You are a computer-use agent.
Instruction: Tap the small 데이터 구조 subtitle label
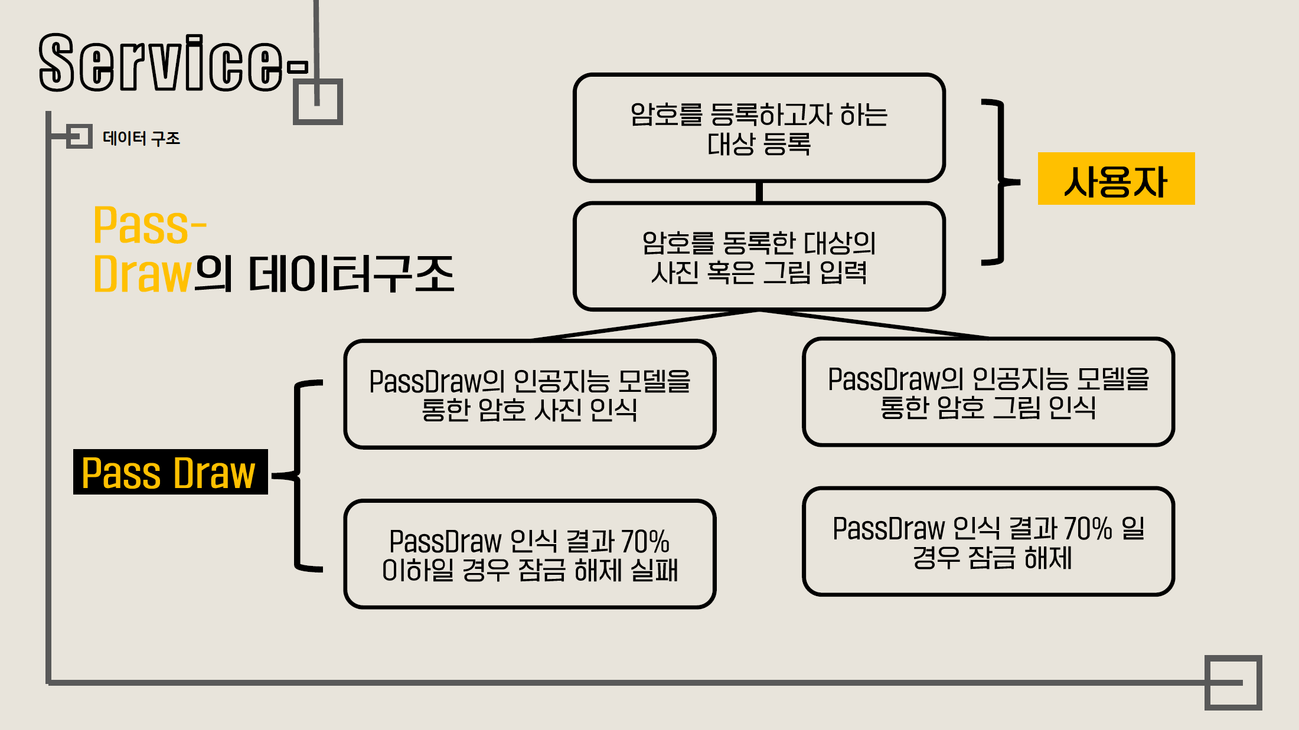coord(141,138)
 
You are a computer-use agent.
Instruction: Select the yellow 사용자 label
coord(1116,179)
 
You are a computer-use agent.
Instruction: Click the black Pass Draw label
coord(170,472)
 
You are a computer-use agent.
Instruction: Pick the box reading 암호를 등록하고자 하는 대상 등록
coord(759,128)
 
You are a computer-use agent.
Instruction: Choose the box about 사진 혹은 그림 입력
coord(759,257)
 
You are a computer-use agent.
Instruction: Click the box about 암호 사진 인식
coord(530,394)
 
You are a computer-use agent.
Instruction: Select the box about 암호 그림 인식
coord(988,392)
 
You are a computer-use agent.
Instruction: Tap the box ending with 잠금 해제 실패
coord(530,554)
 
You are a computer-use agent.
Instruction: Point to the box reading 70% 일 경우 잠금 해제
coord(988,542)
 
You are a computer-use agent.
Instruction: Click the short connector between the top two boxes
coord(759,192)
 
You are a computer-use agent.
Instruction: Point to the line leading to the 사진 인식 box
coord(644,325)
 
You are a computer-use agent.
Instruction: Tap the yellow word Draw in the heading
coord(142,274)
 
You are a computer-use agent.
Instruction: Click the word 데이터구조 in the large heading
coord(351,274)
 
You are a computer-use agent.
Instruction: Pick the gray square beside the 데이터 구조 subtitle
coord(79,136)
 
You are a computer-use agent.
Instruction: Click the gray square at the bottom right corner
coord(1233,682)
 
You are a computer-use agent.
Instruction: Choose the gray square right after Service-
coord(318,102)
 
